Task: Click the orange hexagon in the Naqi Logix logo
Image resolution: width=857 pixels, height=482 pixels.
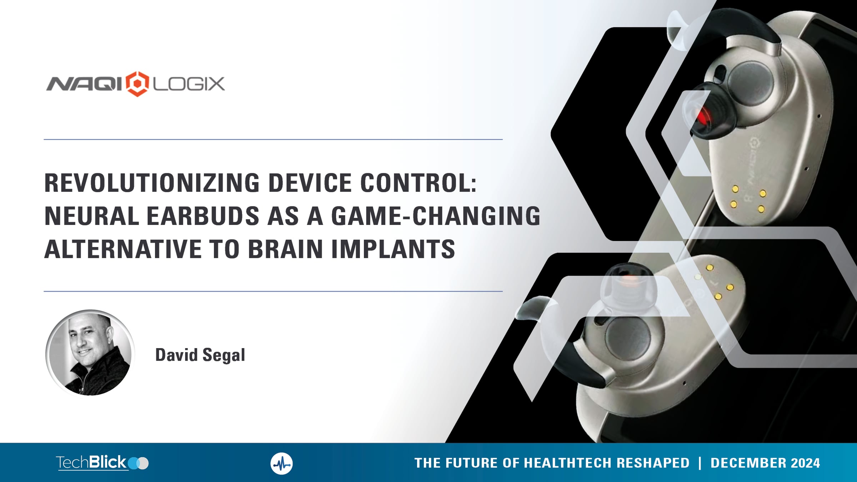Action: click(x=137, y=84)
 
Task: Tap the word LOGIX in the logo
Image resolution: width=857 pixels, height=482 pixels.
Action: click(x=189, y=84)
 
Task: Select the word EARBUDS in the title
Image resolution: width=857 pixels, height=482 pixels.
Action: click(x=203, y=216)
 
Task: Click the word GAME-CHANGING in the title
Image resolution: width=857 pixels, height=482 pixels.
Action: click(x=436, y=216)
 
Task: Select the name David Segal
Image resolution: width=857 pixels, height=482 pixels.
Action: click(x=200, y=355)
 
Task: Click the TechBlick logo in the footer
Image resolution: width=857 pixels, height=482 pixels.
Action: click(x=102, y=463)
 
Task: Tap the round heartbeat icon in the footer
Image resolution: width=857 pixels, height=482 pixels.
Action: click(x=281, y=463)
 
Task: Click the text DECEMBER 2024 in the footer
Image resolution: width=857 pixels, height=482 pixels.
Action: click(x=765, y=463)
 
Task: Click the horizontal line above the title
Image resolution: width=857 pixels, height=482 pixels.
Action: click(x=273, y=139)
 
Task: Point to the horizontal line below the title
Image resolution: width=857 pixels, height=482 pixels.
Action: click(x=273, y=291)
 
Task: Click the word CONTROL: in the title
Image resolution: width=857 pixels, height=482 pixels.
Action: click(x=419, y=183)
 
